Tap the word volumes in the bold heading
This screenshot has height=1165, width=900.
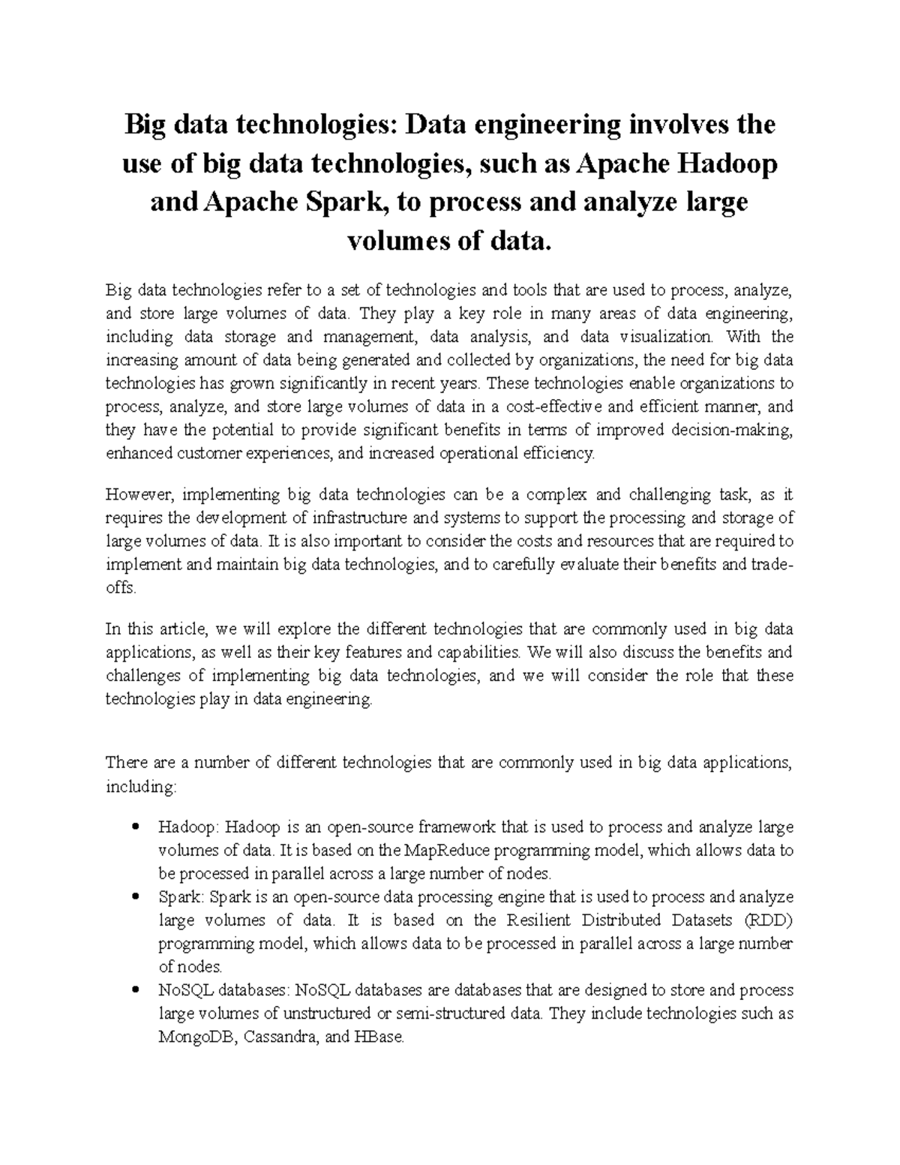[x=396, y=242]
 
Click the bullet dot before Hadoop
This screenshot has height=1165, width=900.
[x=136, y=828]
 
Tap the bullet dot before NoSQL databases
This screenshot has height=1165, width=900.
[x=136, y=991]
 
